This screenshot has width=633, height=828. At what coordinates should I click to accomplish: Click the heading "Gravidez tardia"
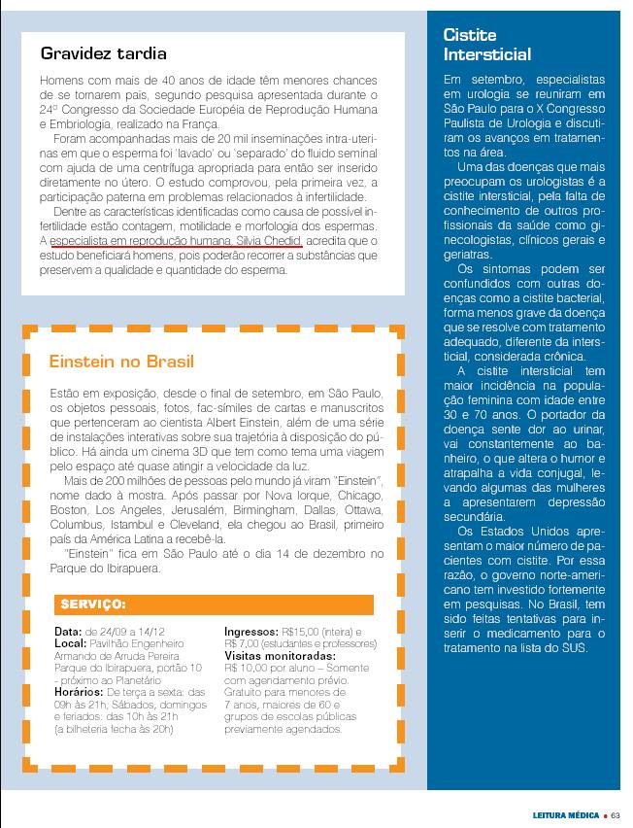[x=104, y=53]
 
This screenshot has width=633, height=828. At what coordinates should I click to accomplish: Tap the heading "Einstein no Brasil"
[x=121, y=362]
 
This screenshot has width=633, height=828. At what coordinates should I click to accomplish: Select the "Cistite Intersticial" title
[x=486, y=45]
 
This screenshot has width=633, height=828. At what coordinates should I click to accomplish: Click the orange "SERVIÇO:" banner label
[x=93, y=604]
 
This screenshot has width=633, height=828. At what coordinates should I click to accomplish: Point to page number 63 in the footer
[x=616, y=815]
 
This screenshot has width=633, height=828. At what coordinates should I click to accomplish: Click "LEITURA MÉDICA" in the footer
[x=563, y=815]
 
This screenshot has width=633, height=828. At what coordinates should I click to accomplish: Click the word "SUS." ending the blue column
[x=575, y=648]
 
